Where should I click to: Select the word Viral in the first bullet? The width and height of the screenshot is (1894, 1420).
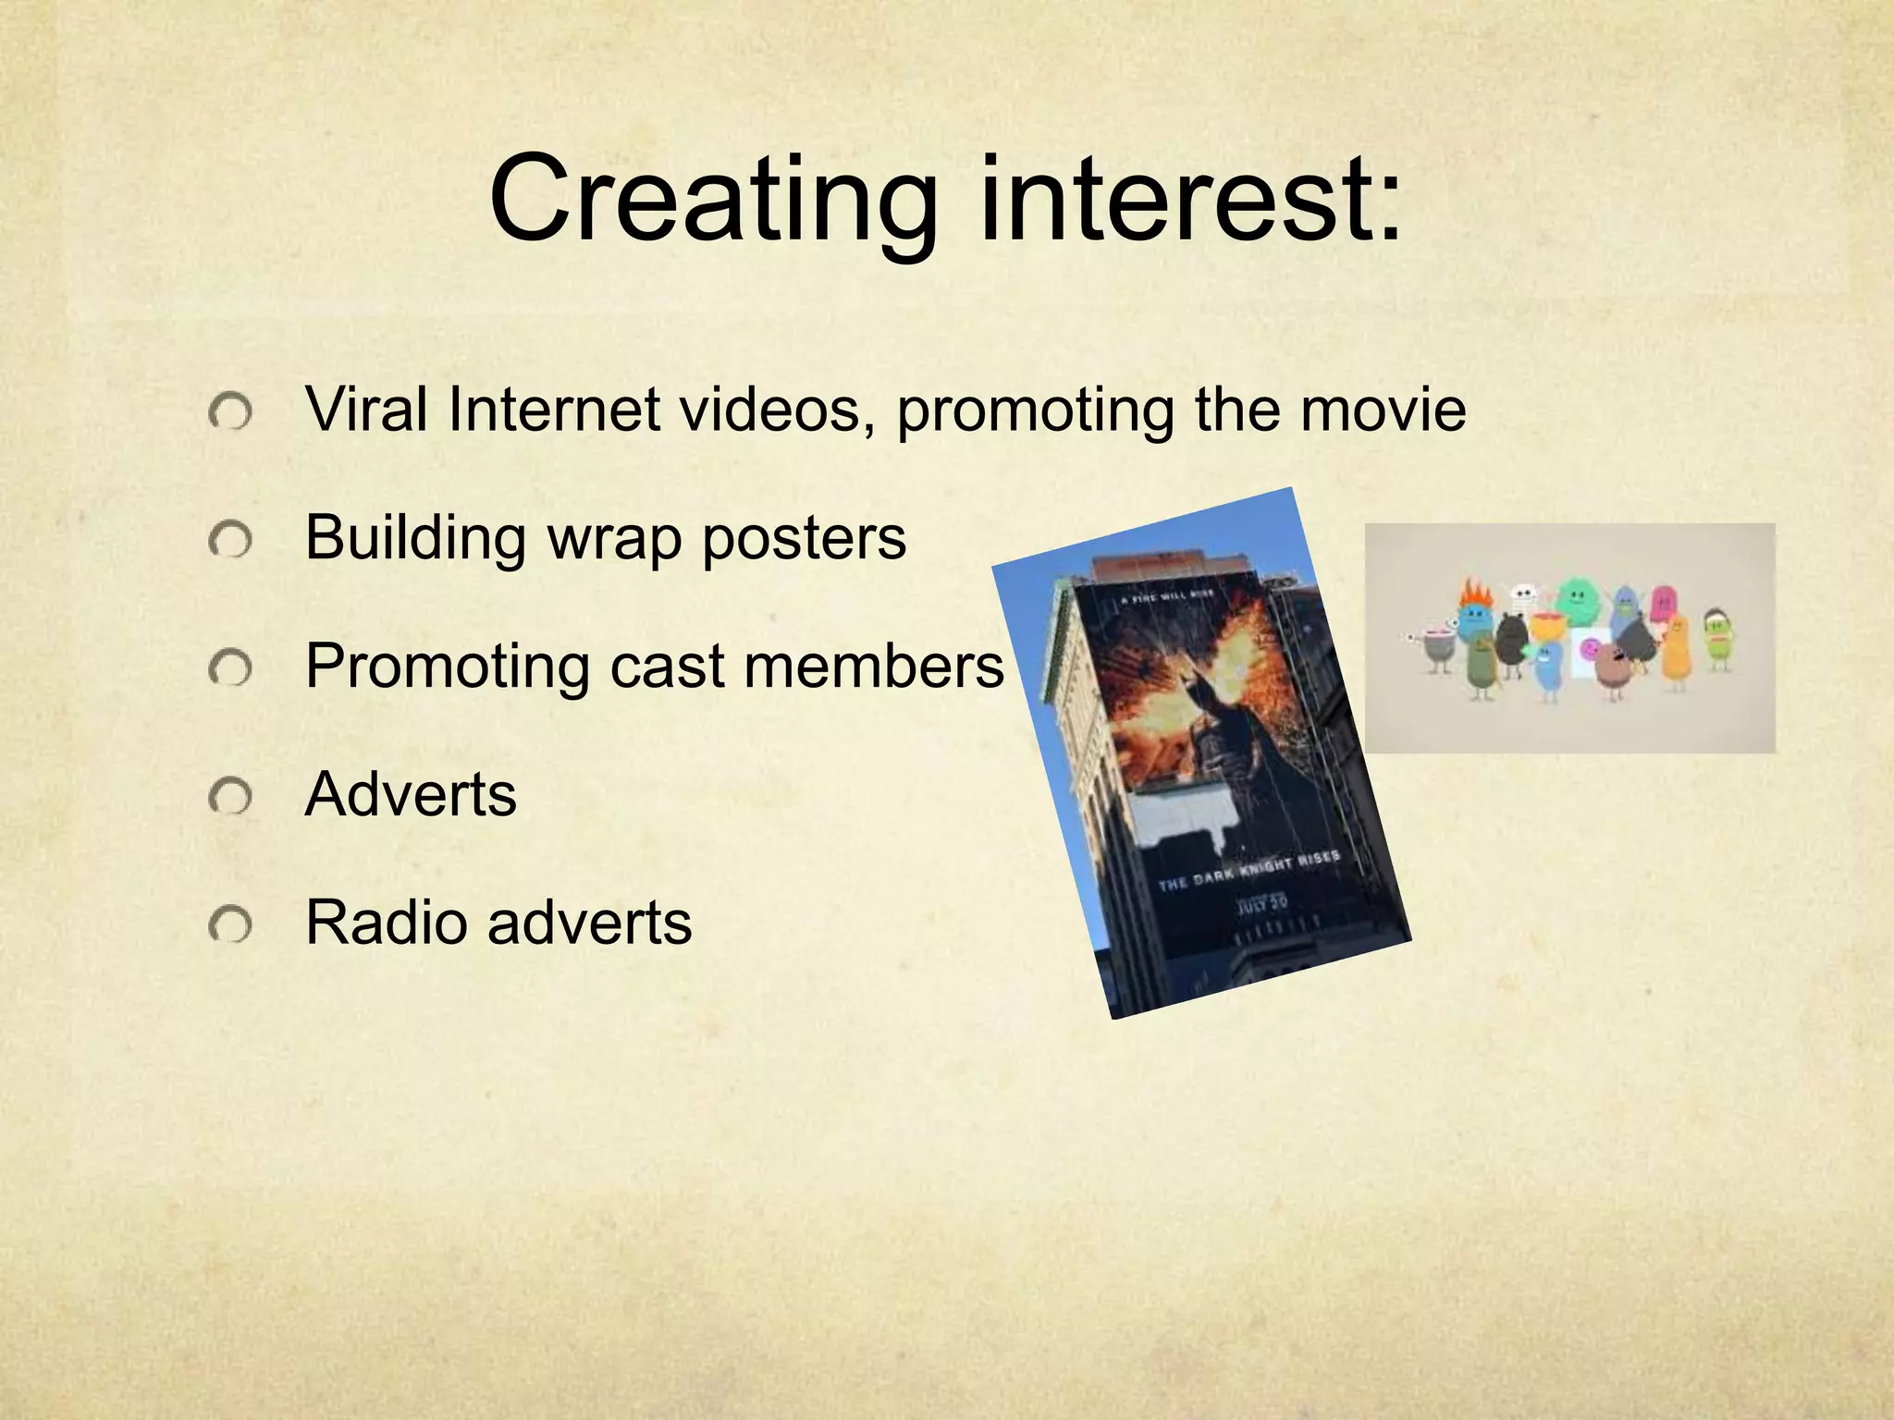365,409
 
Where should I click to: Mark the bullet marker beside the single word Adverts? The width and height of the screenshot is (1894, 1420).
229,796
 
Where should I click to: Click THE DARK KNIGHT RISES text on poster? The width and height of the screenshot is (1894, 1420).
1248,870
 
